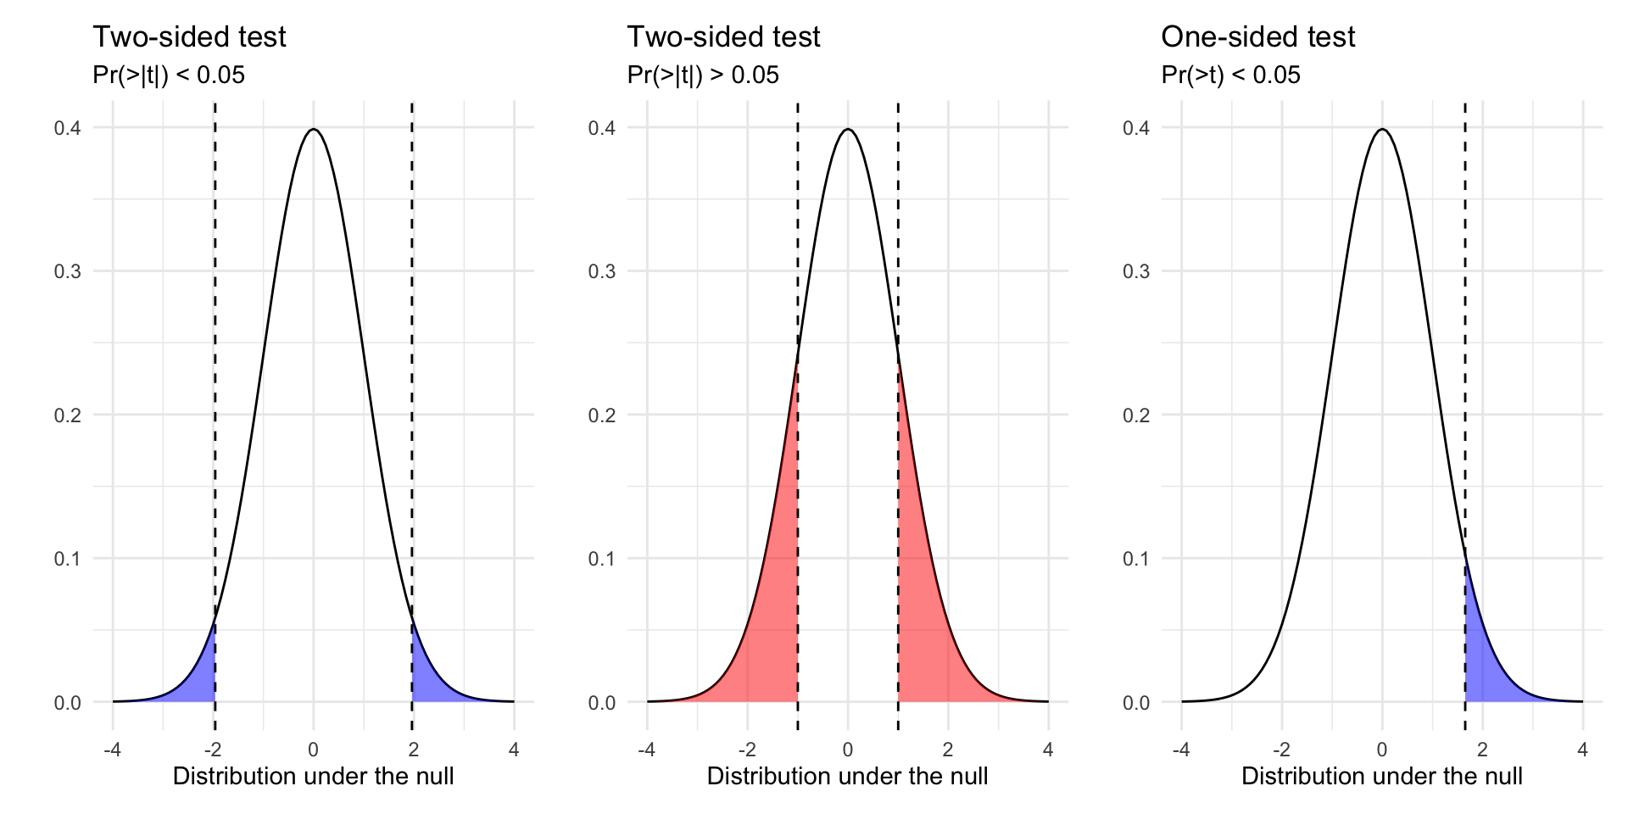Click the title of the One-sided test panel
point(1257,36)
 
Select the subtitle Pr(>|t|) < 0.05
point(168,75)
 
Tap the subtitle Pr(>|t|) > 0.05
point(702,75)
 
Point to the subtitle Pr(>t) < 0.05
point(1230,75)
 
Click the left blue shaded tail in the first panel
point(200,683)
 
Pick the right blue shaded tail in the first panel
point(427,683)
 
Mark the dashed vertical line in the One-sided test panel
point(1465,339)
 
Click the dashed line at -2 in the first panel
point(215,339)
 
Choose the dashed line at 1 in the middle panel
point(898,254)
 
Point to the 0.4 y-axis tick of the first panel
point(67,128)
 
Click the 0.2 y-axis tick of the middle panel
point(601,415)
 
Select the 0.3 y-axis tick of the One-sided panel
point(1135,271)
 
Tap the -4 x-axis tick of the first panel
point(112,750)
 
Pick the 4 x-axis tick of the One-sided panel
point(1582,750)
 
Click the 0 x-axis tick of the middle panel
point(848,750)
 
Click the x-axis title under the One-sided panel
point(1381,777)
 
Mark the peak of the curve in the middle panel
point(848,130)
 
